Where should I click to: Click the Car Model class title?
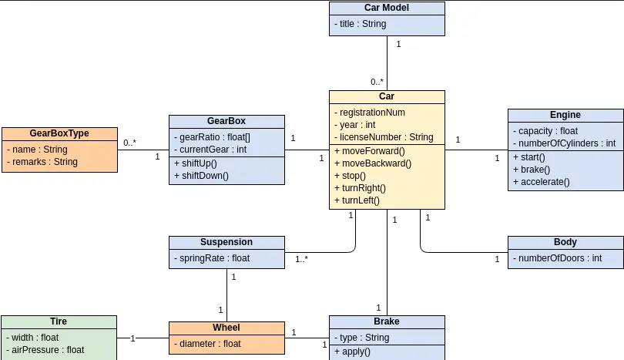tap(387, 8)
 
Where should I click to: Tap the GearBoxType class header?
tap(59, 133)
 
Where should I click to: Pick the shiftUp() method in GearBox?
tap(196, 163)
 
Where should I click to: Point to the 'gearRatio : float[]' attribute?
tap(212, 137)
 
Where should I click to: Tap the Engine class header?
tap(565, 115)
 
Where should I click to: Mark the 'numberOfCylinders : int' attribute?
tap(566, 143)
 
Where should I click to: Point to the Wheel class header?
tap(226, 328)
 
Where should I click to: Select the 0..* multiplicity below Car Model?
tap(377, 82)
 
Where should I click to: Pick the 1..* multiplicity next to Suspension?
tap(301, 260)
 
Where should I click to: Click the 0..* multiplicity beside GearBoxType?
tap(129, 143)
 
